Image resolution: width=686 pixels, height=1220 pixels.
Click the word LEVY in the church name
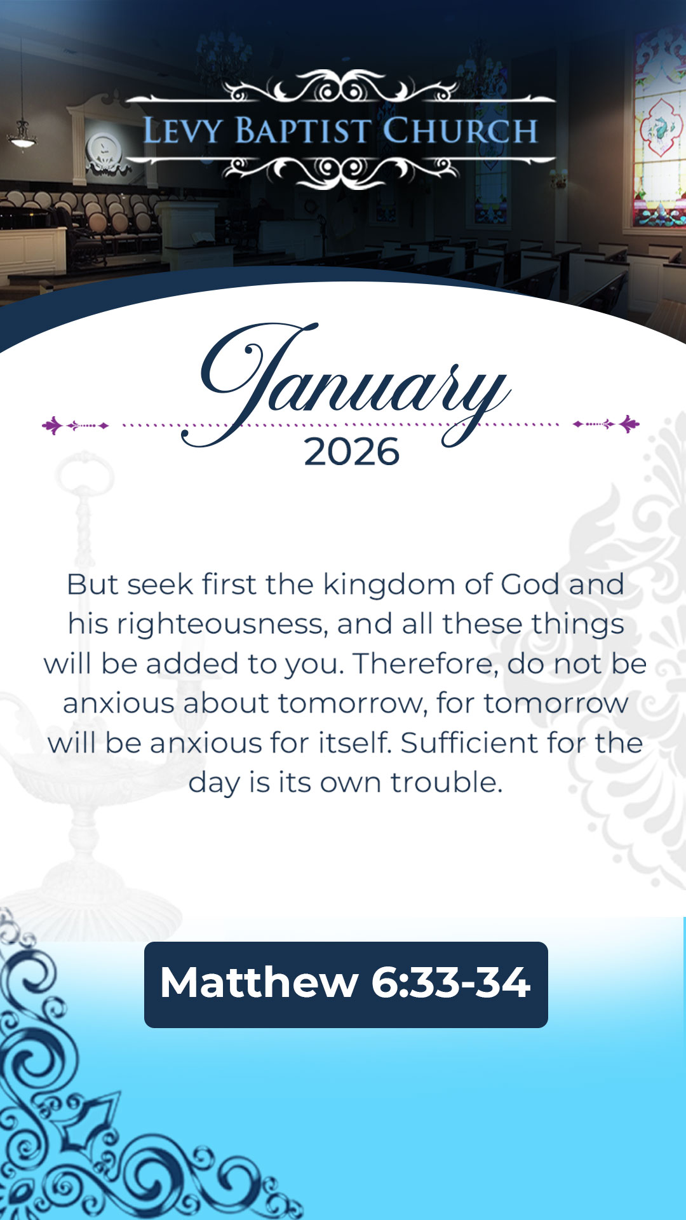[183, 131]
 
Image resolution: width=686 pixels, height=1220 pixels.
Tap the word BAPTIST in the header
[302, 131]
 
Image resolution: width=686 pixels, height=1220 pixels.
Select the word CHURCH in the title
[460, 131]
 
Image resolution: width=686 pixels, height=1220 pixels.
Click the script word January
[346, 384]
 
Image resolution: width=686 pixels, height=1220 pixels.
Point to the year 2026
[352, 452]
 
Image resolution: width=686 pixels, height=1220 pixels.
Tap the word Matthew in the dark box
[259, 982]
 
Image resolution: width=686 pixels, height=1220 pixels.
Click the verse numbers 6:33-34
[450, 982]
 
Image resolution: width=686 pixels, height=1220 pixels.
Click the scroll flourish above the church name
[340, 88]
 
